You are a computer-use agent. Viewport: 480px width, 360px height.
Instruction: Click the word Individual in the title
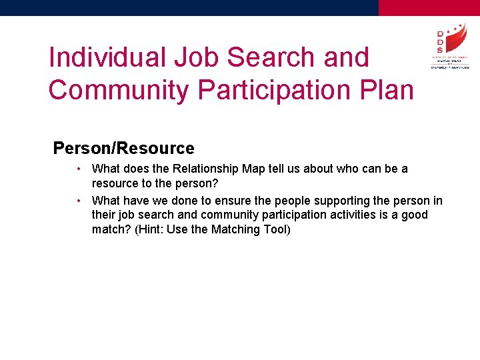107,57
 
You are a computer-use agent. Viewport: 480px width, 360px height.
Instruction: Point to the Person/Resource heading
123,148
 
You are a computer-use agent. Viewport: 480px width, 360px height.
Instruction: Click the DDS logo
449,47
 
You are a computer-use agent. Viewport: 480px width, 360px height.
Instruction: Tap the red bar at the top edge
429,7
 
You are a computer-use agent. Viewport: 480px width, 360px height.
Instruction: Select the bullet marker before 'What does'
79,169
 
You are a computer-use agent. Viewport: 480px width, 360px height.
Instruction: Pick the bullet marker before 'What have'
79,200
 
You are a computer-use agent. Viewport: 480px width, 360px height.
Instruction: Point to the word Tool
275,229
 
